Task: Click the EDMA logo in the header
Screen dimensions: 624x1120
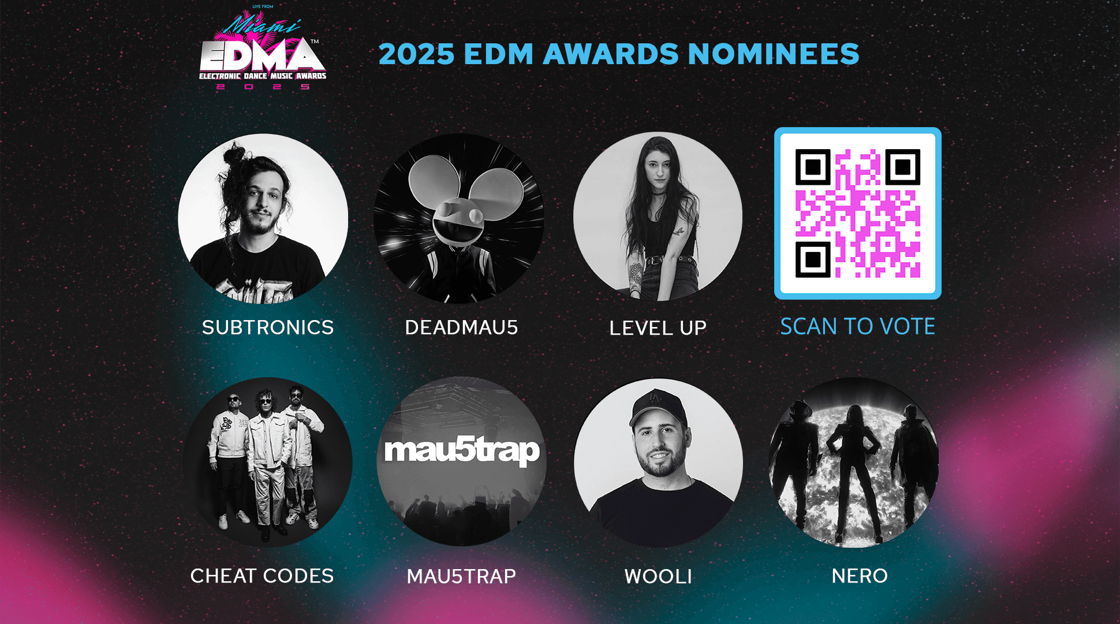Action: click(x=263, y=55)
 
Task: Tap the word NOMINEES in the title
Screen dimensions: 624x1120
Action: click(x=774, y=54)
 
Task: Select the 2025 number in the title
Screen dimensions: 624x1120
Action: click(x=416, y=54)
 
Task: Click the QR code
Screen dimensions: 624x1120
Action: click(x=857, y=213)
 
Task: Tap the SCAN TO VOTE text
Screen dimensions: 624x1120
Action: click(x=857, y=326)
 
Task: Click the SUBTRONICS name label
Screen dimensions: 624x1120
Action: click(x=268, y=328)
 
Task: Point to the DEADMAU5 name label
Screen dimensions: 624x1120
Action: click(x=461, y=328)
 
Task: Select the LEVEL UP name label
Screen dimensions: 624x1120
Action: click(x=658, y=328)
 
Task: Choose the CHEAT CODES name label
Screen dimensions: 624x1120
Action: click(x=262, y=576)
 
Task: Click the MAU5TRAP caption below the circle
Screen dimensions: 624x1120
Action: click(x=461, y=576)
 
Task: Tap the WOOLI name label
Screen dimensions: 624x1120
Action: click(x=658, y=576)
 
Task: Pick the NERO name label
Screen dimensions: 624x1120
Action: click(x=859, y=575)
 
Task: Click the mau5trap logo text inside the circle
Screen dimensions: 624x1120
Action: click(x=461, y=451)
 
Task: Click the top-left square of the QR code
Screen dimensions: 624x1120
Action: click(x=813, y=168)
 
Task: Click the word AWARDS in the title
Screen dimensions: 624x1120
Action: click(x=611, y=54)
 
